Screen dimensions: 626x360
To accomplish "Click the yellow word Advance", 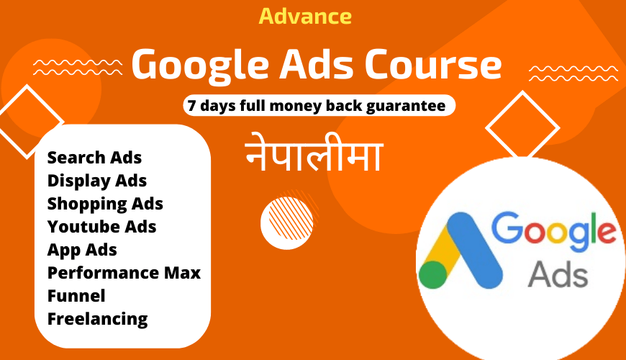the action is pos(305,17).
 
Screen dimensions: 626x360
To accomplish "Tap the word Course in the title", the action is pos(433,65).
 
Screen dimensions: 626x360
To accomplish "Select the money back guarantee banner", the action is pos(319,106).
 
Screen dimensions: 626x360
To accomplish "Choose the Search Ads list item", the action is pos(94,158).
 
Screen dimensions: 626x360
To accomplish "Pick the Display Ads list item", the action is pos(97,181).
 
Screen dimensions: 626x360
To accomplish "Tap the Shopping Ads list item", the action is pos(105,204).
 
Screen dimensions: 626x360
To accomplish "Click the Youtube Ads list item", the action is pos(101,227).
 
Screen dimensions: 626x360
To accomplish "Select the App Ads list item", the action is pos(82,250).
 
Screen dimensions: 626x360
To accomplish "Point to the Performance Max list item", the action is pos(124,273).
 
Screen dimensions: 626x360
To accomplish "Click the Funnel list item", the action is pos(76,296).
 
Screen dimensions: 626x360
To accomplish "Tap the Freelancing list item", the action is pos(98,319).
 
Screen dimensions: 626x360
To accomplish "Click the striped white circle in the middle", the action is pos(287,223).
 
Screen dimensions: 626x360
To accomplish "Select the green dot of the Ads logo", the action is pos(433,274).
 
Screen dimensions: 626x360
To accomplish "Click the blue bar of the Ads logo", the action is pos(474,250).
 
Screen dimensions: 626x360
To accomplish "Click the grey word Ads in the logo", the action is pos(558,274).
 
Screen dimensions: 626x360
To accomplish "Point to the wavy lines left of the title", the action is pos(78,67).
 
